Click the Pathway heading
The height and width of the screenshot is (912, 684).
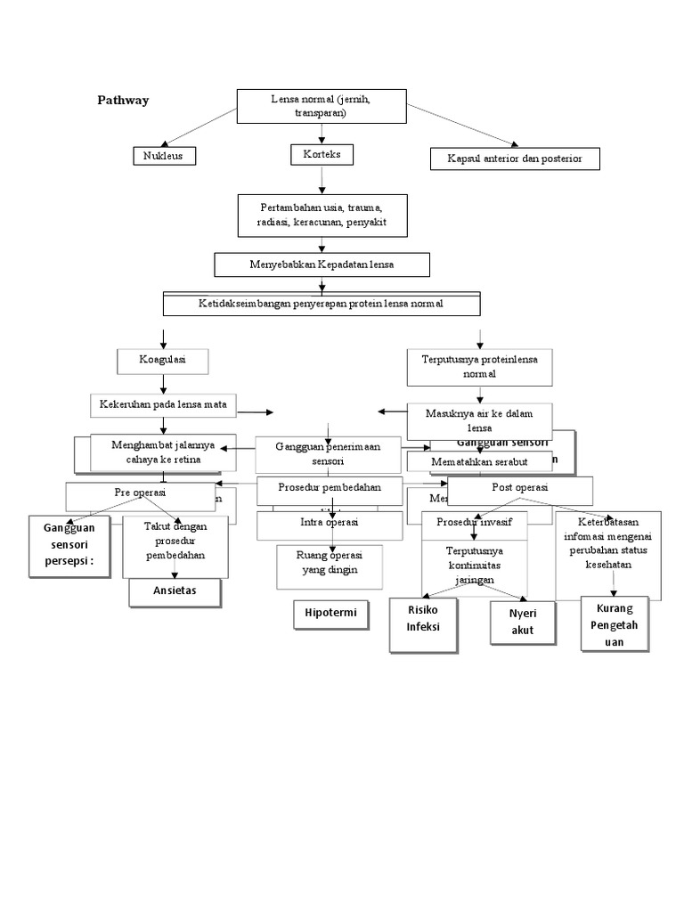pyautogui.click(x=123, y=101)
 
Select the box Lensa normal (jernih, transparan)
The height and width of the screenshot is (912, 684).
pyautogui.click(x=322, y=107)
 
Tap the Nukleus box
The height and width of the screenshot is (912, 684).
pyautogui.click(x=164, y=156)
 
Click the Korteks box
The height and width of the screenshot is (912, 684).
pyautogui.click(x=322, y=155)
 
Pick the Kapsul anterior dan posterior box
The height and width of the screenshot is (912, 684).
pyautogui.click(x=515, y=159)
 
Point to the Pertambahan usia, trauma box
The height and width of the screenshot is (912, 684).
pyautogui.click(x=322, y=214)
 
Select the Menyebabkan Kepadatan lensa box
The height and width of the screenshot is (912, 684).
pyautogui.click(x=322, y=265)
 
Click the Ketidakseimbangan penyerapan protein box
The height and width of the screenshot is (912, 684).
pyautogui.click(x=322, y=304)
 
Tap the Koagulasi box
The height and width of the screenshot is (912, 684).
pyautogui.click(x=163, y=361)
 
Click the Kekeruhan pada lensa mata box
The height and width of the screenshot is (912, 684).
pyautogui.click(x=163, y=404)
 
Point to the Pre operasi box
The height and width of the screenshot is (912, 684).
pyautogui.click(x=141, y=493)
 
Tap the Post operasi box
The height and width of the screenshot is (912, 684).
pyautogui.click(x=520, y=489)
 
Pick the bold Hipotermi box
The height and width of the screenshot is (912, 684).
pyautogui.click(x=330, y=615)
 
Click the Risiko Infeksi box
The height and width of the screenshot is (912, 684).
pyautogui.click(x=424, y=625)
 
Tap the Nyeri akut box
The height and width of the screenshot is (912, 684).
pyautogui.click(x=520, y=623)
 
